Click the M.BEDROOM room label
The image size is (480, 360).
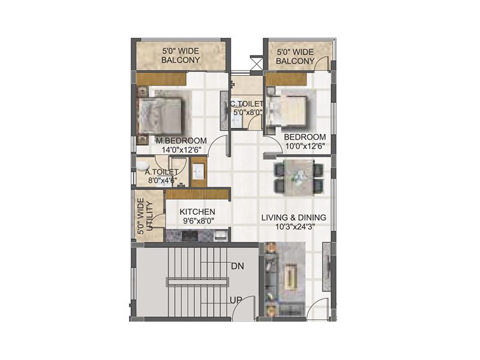click(181, 141)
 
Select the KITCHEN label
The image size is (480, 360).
click(197, 212)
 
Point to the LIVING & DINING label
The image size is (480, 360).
click(293, 217)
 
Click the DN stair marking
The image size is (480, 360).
click(237, 265)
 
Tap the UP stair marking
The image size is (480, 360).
click(236, 299)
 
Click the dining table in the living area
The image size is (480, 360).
click(298, 178)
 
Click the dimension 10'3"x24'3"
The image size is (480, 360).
click(293, 227)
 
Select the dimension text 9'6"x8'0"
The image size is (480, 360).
click(197, 221)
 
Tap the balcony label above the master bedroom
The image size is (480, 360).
click(181, 55)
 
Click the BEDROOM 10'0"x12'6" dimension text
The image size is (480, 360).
click(305, 146)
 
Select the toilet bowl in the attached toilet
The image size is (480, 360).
click(142, 165)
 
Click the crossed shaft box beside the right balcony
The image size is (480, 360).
click(256, 62)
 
